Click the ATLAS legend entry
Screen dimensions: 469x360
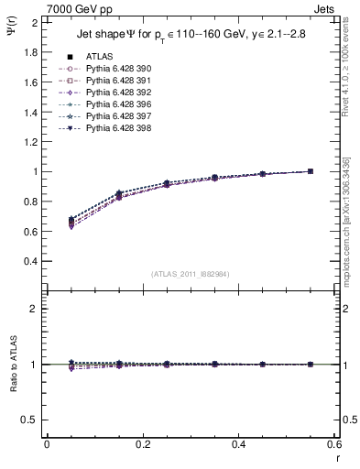click(x=98, y=56)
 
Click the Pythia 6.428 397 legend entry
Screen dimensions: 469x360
click(x=115, y=115)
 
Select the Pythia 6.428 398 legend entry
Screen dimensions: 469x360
click(x=115, y=127)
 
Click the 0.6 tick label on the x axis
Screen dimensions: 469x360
click(x=334, y=444)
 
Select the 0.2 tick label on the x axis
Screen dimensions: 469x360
click(x=142, y=444)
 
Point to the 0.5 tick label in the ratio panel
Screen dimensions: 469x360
click(x=29, y=420)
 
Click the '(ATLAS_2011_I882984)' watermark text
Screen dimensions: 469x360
click(x=191, y=274)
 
